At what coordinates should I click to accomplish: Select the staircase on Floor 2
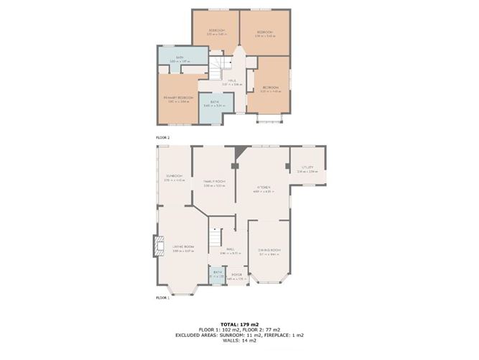pos(218,69)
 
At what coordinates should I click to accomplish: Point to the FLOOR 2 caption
pos(163,137)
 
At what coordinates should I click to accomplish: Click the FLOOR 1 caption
pos(163,296)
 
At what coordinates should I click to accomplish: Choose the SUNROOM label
pos(175,176)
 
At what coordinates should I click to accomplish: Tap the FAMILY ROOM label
pos(214,182)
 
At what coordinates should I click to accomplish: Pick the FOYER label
pos(236,274)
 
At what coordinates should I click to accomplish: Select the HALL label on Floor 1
pos(229,249)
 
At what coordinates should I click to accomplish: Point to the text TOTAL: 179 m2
pos(240,324)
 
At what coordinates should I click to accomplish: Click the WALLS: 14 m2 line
pos(240,342)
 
